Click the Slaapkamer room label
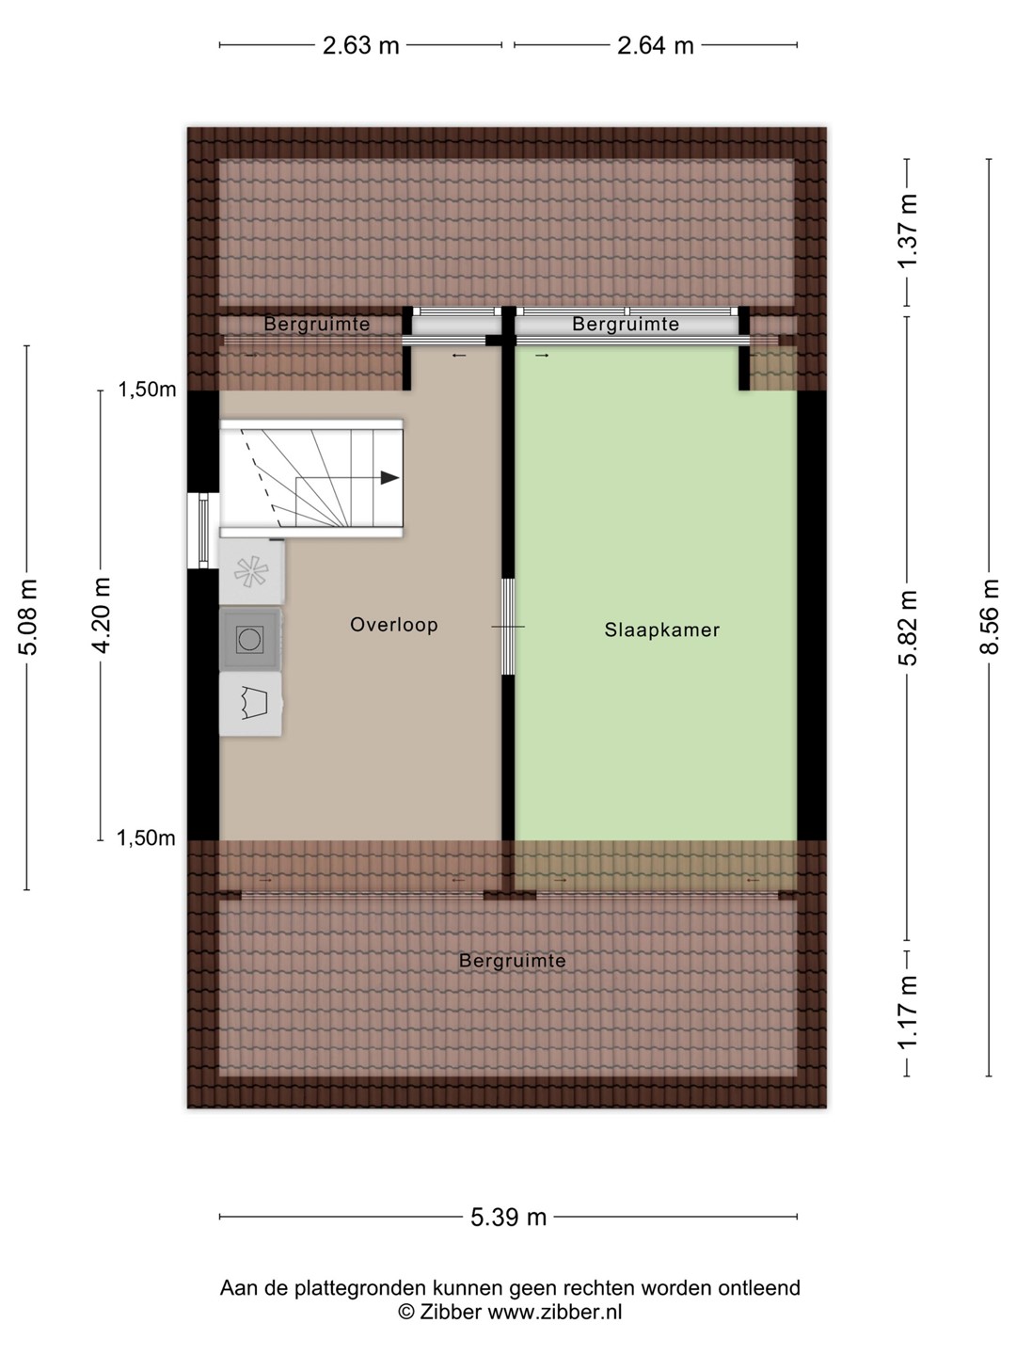point(662,630)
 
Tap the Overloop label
point(394,625)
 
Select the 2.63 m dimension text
point(361,46)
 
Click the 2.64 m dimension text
point(656,46)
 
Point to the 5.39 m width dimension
point(508,1218)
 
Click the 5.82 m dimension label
point(908,628)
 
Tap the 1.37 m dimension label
point(908,231)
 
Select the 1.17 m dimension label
point(908,1012)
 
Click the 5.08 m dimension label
point(28,617)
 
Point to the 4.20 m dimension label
point(101,615)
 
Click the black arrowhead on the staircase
point(389,478)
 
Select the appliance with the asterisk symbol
point(252,571)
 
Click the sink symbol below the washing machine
point(251,704)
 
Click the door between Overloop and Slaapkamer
point(508,627)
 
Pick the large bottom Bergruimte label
point(512,961)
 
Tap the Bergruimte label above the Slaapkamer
point(626,324)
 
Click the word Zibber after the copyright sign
point(451,1307)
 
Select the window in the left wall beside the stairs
point(203,531)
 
